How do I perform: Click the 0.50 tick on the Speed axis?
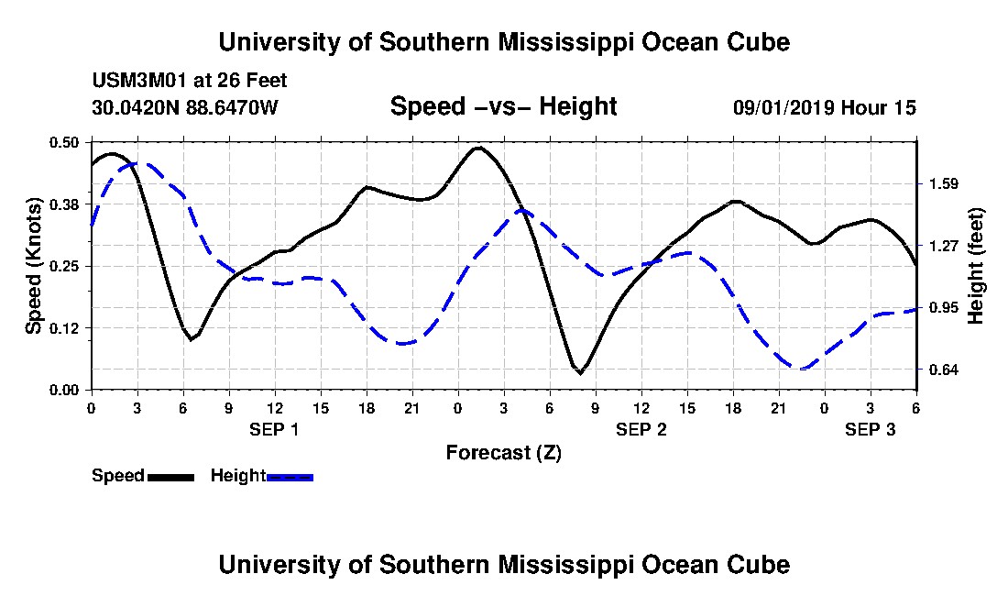click(66, 142)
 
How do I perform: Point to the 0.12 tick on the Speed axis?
click(66, 327)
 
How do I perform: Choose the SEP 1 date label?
click(274, 429)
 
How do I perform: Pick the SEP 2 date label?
click(641, 429)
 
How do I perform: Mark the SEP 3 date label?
click(870, 429)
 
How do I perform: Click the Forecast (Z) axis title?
click(503, 452)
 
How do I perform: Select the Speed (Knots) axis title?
click(34, 265)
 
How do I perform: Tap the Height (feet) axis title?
click(976, 265)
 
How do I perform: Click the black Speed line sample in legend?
click(170, 477)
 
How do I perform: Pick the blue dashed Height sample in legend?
click(290, 477)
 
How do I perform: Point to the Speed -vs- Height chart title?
click(503, 107)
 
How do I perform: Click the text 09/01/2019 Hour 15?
click(824, 108)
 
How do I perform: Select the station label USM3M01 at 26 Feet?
click(190, 81)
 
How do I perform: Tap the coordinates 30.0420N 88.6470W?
click(184, 108)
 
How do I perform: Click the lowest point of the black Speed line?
click(580, 373)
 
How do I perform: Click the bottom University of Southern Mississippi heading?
click(503, 564)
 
